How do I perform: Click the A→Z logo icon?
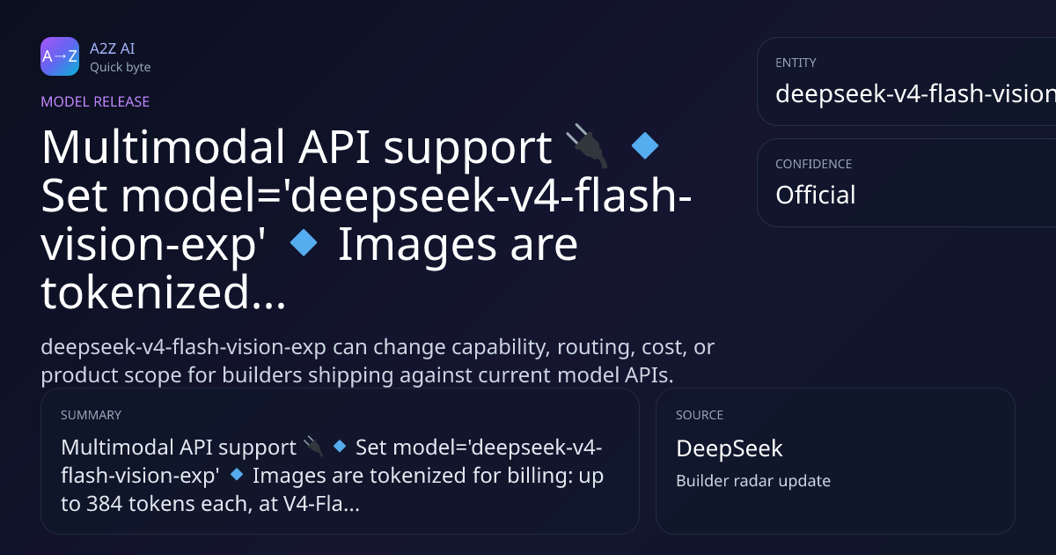pyautogui.click(x=60, y=56)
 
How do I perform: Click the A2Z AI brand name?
pyautogui.click(x=113, y=48)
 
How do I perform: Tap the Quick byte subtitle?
pyautogui.click(x=121, y=68)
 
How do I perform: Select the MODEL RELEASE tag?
pyautogui.click(x=95, y=101)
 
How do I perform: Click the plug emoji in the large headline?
pyautogui.click(x=587, y=146)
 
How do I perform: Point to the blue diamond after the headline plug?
pyautogui.click(x=644, y=146)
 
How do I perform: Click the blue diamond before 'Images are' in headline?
pyautogui.click(x=304, y=242)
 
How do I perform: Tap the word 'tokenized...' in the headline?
pyautogui.click(x=163, y=292)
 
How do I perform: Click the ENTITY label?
pyautogui.click(x=796, y=63)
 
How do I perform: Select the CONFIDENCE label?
pyautogui.click(x=814, y=164)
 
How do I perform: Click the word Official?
pyautogui.click(x=816, y=195)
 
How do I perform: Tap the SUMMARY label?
pyautogui.click(x=91, y=415)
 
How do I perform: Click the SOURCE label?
pyautogui.click(x=700, y=415)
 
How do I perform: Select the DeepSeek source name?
pyautogui.click(x=730, y=448)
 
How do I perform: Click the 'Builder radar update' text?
pyautogui.click(x=753, y=481)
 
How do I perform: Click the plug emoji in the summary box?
pyautogui.click(x=313, y=447)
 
